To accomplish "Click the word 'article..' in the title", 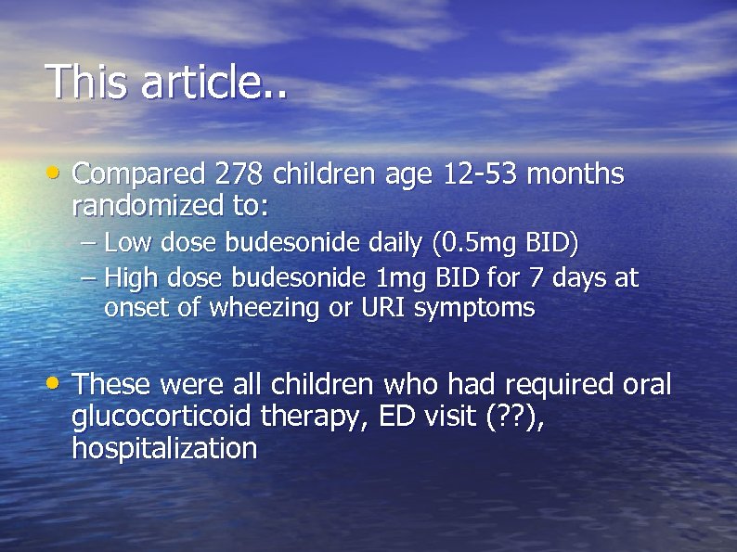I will pos(214,82).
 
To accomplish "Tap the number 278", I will pos(241,173).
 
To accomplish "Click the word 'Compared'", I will pos(138,173).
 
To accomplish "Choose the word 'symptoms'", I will pos(474,309).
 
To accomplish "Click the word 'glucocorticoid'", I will pos(161,417).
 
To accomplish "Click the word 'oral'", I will pos(646,384).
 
